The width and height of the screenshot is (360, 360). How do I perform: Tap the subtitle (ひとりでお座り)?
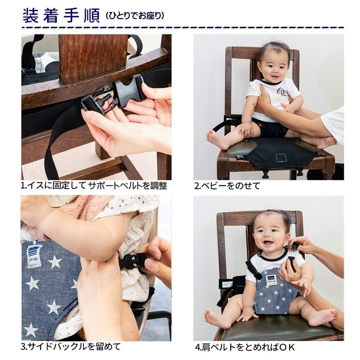(x=135, y=16)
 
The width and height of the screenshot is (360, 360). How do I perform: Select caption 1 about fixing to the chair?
(x=94, y=186)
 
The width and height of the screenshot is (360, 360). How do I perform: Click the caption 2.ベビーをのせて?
(x=227, y=186)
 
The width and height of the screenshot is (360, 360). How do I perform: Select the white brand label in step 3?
(x=35, y=256)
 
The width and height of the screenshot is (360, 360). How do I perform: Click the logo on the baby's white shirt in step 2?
(x=282, y=92)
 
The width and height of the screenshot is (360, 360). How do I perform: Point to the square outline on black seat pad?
(x=281, y=158)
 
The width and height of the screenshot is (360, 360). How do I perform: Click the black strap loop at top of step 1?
(x=135, y=45)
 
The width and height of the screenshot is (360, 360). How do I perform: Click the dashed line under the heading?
(x=183, y=28)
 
